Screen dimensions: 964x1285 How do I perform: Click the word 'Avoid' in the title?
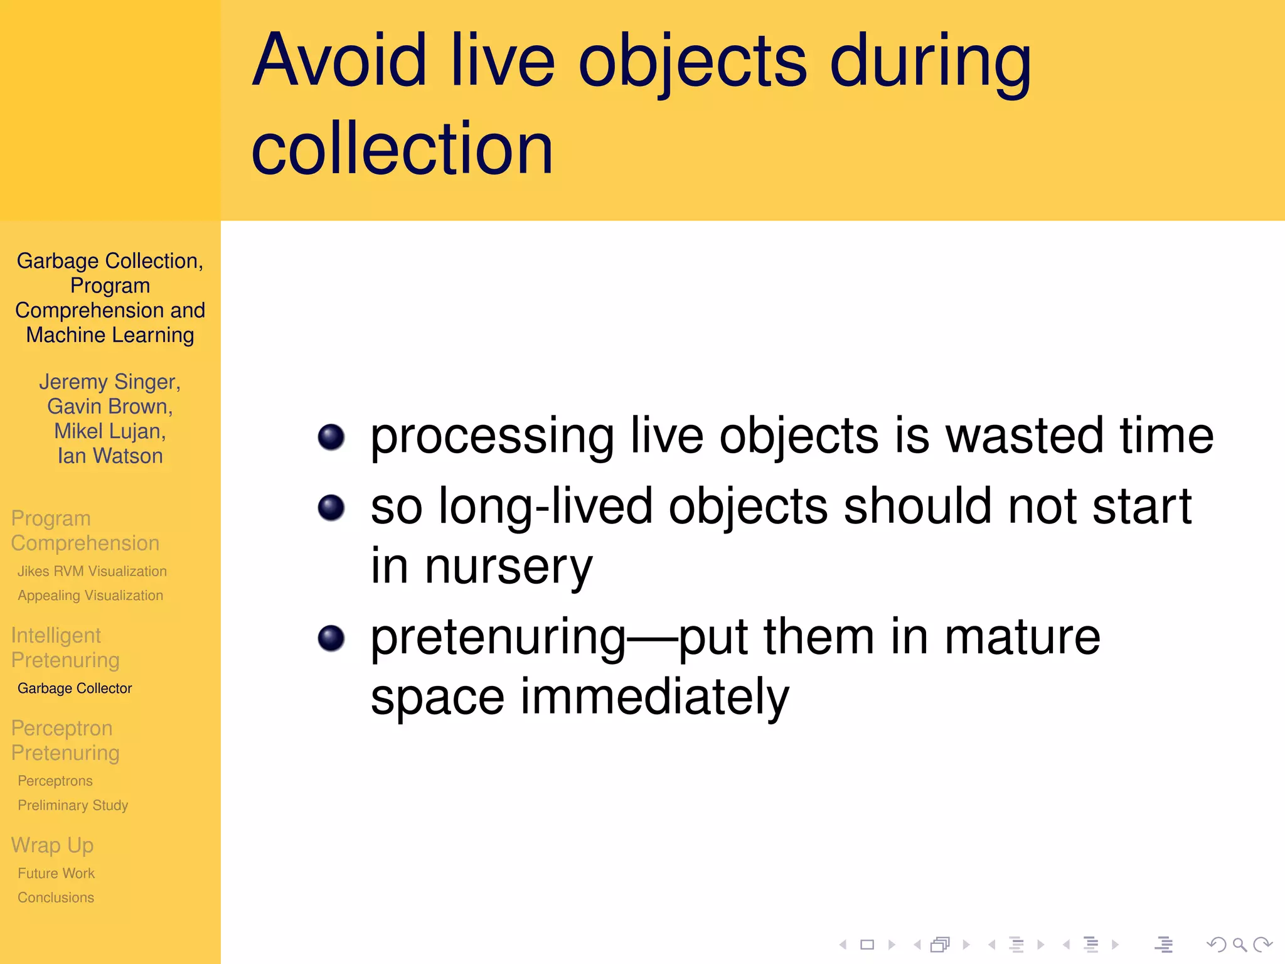[x=339, y=61]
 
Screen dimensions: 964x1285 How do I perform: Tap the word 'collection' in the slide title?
[x=402, y=149]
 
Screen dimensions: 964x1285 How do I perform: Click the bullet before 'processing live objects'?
[x=331, y=437]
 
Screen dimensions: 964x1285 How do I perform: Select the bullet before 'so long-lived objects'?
[x=331, y=507]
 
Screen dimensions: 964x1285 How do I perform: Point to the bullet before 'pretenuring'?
[x=331, y=638]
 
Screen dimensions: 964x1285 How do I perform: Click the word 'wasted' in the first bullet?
[x=1024, y=436]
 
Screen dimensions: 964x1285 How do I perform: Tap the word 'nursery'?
[x=508, y=567]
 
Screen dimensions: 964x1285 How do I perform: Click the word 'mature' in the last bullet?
[x=1022, y=637]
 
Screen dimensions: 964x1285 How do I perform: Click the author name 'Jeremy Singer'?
[x=109, y=382]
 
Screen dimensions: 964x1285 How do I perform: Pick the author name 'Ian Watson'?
[x=110, y=456]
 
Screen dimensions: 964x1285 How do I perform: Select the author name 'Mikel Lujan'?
[x=110, y=431]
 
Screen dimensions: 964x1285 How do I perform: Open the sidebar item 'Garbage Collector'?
[x=75, y=688]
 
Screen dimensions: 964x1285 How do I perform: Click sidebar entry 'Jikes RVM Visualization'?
[x=92, y=571]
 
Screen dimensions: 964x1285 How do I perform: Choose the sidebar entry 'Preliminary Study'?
[x=73, y=805]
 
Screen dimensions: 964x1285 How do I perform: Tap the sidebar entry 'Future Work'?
[x=56, y=873]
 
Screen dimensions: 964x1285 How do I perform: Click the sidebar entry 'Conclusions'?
[x=56, y=897]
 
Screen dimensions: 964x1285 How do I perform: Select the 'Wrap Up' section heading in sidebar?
[x=52, y=845]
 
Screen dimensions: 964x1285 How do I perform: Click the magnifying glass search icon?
[x=1239, y=945]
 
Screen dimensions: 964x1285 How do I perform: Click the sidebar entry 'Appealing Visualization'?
[x=90, y=596]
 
